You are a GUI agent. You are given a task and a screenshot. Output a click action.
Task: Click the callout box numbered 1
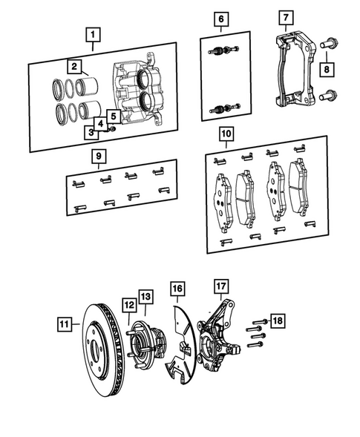93,33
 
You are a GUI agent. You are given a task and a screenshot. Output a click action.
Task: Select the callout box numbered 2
74,66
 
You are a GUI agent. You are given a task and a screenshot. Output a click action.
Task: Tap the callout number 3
91,132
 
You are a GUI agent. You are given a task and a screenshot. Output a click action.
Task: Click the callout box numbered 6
220,18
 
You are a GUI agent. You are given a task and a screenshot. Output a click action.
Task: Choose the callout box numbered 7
284,17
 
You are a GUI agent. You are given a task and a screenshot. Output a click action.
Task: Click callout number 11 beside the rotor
64,323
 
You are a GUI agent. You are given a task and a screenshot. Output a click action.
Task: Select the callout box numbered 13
145,297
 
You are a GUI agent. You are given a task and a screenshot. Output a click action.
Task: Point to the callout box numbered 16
177,288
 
